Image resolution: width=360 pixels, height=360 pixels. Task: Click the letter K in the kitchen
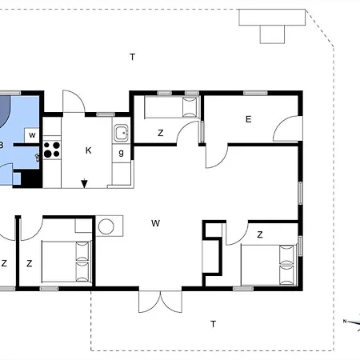pyautogui.click(x=89, y=150)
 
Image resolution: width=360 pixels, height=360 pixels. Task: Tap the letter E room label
pyautogui.click(x=248, y=119)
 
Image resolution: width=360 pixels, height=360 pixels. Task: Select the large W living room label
pyautogui.click(x=155, y=223)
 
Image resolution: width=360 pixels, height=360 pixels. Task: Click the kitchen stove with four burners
pyautogui.click(x=52, y=150)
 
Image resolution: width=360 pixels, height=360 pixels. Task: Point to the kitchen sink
pyautogui.click(x=122, y=133)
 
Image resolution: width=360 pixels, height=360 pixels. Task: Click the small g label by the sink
pyautogui.click(x=122, y=153)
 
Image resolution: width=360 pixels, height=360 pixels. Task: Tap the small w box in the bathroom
pyautogui.click(x=32, y=135)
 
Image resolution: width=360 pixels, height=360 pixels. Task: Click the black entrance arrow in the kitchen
pyautogui.click(x=85, y=183)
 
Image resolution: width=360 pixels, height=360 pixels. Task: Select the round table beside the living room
pyautogui.click(x=106, y=226)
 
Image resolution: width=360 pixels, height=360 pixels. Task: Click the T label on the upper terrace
pyautogui.click(x=133, y=57)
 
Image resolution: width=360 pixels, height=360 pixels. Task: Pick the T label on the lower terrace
pyautogui.click(x=213, y=324)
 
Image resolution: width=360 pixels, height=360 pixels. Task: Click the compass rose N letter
pyautogui.click(x=345, y=322)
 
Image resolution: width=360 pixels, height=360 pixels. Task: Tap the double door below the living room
pyautogui.click(x=160, y=302)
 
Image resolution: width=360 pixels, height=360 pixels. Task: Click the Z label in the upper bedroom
pyautogui.click(x=160, y=133)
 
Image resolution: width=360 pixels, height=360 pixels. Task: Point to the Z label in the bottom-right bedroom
pyautogui.click(x=260, y=234)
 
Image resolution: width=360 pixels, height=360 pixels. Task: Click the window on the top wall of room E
pyautogui.click(x=255, y=93)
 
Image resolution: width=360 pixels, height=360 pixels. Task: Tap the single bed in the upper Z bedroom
pyautogui.click(x=171, y=107)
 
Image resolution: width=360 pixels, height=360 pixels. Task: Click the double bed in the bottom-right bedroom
pyautogui.click(x=269, y=265)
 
